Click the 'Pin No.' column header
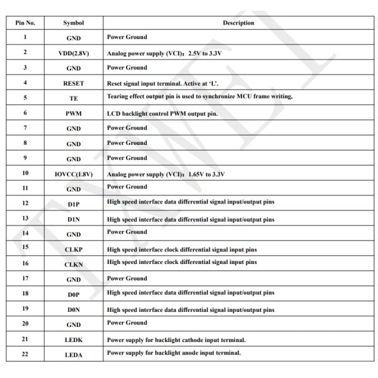(x=25, y=23)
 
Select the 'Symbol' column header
(x=74, y=23)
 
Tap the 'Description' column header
(x=238, y=23)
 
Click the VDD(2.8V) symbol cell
(x=74, y=54)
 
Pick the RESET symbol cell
(x=74, y=83)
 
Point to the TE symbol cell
(x=74, y=98)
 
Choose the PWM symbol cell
(x=74, y=113)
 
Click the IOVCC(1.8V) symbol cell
(x=74, y=174)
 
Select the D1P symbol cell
(x=74, y=204)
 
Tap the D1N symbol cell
(x=74, y=219)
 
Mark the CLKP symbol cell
(x=74, y=249)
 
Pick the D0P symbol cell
(x=74, y=294)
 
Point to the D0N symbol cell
(x=74, y=310)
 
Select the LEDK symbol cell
(x=74, y=340)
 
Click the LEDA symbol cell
(x=74, y=355)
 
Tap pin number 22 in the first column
(x=25, y=353)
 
